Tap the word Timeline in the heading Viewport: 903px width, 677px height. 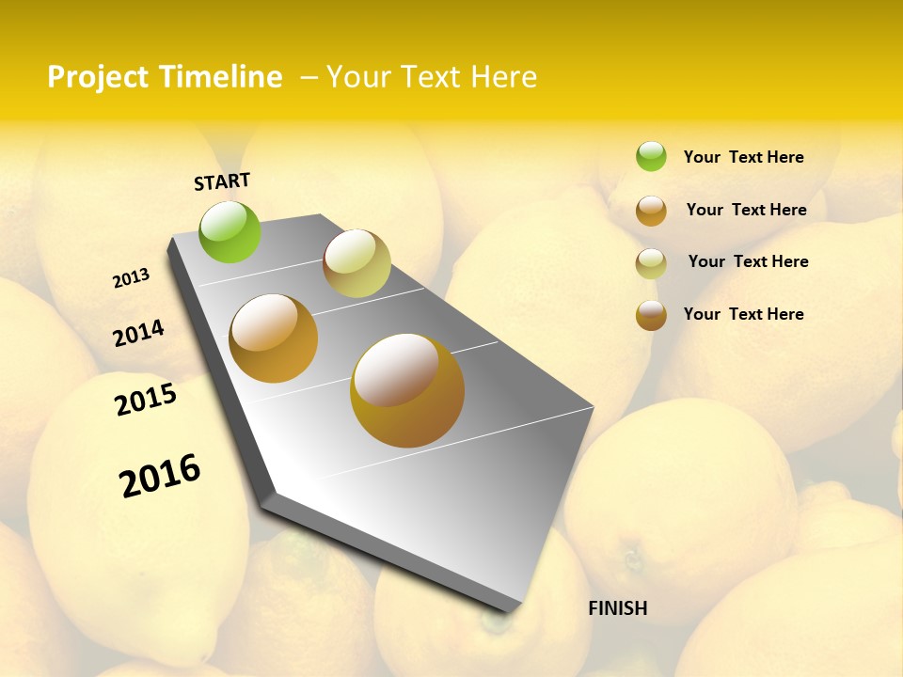pyautogui.click(x=221, y=77)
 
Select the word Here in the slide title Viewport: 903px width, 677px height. pyautogui.click(x=503, y=77)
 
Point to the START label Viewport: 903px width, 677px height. pyautogui.click(x=222, y=181)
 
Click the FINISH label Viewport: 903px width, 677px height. pyautogui.click(x=618, y=608)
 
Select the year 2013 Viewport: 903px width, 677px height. pyautogui.click(x=131, y=278)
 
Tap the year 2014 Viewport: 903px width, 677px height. pyautogui.click(x=138, y=333)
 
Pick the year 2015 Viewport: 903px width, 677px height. pyautogui.click(x=146, y=400)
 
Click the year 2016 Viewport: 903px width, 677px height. pyautogui.click(x=160, y=476)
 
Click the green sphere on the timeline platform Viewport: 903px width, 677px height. pyautogui.click(x=230, y=231)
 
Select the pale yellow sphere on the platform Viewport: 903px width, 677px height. pyautogui.click(x=356, y=263)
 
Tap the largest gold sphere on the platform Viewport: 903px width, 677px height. pyautogui.click(x=407, y=390)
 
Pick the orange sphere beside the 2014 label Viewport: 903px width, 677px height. pyautogui.click(x=274, y=338)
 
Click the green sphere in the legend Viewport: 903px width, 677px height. pyautogui.click(x=651, y=156)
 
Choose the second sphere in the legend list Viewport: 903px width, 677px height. pyautogui.click(x=651, y=211)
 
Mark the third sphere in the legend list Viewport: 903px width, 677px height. pyautogui.click(x=651, y=263)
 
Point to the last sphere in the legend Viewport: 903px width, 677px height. pyautogui.click(x=651, y=315)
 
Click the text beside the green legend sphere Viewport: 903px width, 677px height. pyautogui.click(x=743, y=157)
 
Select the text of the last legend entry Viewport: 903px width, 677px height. pyautogui.click(x=743, y=314)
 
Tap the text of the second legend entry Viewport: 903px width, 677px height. pyautogui.click(x=746, y=210)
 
